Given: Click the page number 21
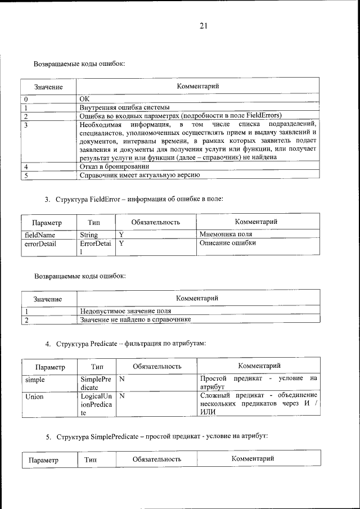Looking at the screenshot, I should coord(203,25).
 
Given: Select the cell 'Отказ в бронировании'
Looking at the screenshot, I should coord(114,166).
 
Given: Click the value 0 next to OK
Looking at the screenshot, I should coord(26,98).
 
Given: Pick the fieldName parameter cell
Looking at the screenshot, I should coord(40,234).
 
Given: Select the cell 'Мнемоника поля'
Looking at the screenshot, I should coord(226,234).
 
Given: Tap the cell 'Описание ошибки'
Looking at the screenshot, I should coord(228,244).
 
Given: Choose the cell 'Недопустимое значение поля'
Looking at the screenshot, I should coord(125,310).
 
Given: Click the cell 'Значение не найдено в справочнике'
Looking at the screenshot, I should coord(136,319).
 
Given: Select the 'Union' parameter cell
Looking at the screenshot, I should coord(35,396).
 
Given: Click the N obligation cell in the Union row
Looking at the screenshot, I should coord(121,396).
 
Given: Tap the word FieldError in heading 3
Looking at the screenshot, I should coord(108,199).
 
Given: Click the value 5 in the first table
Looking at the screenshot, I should coord(26,175).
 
